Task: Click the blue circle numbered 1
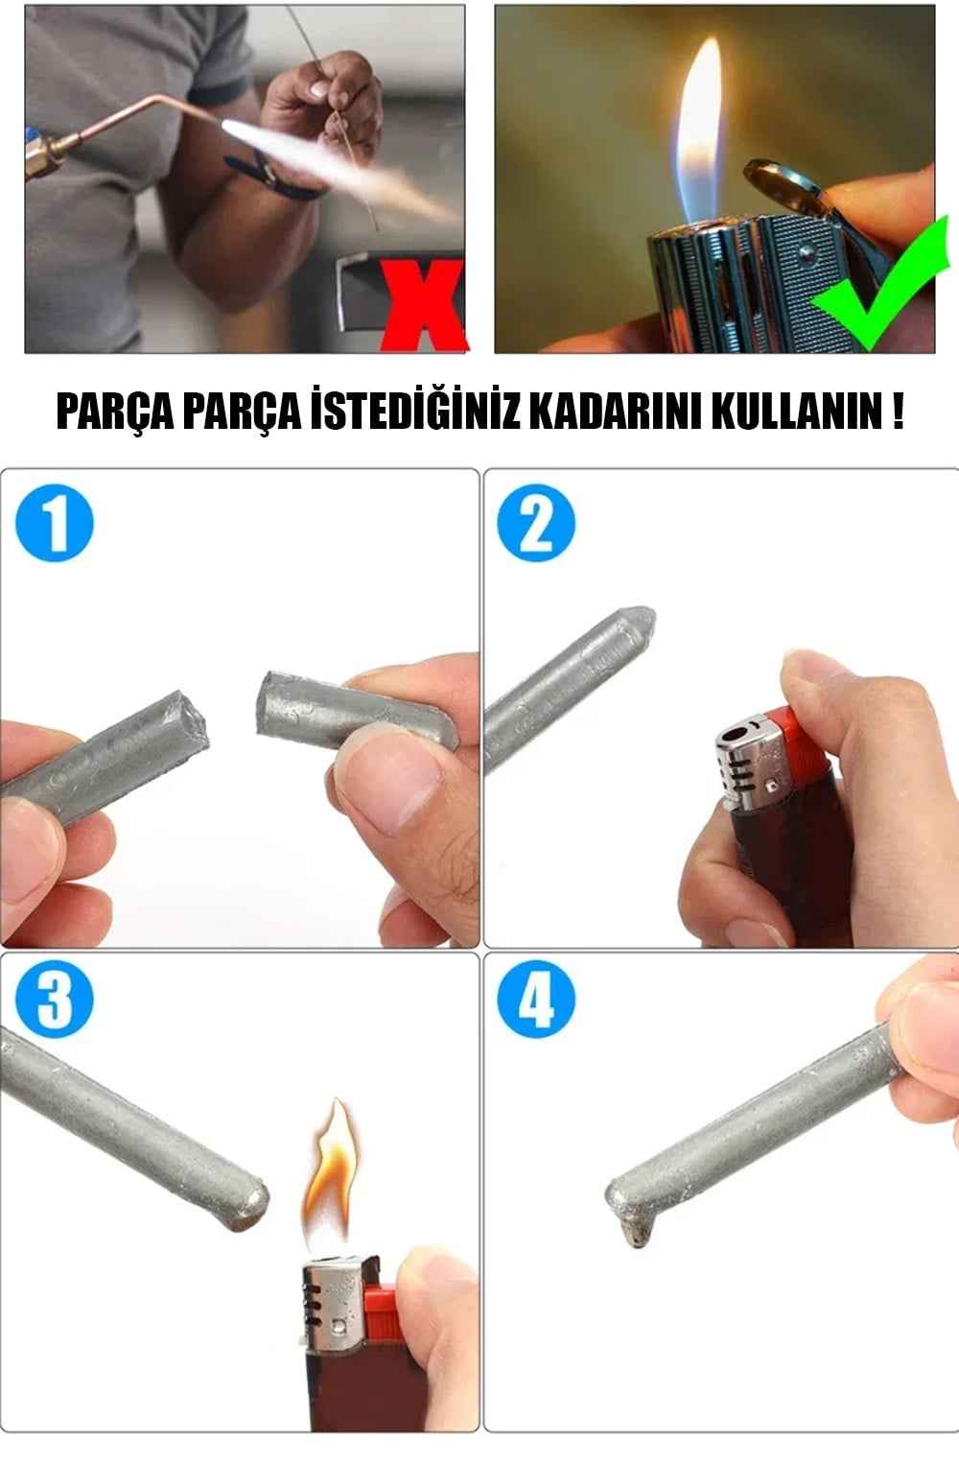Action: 55,523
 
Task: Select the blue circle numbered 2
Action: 536,523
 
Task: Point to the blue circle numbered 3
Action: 55,1000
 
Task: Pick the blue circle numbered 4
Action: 536,1000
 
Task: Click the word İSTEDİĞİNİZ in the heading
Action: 414,411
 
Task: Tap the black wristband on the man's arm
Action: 274,177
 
